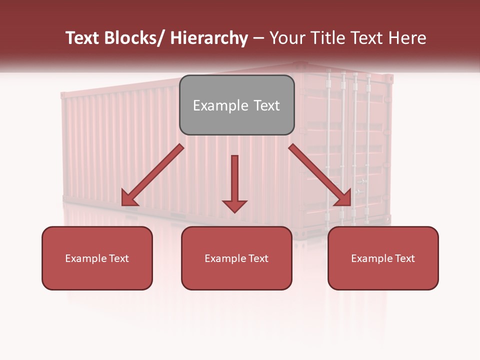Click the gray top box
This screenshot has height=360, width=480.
pos(236,105)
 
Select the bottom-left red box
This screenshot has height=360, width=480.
pos(97,258)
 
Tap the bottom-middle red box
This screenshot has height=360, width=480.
pos(236,258)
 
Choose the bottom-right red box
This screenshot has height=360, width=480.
pos(383,258)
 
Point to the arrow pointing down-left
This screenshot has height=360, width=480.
pos(153,175)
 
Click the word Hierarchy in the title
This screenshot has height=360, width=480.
pos(209,38)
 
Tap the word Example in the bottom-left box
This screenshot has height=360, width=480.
pos(86,258)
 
